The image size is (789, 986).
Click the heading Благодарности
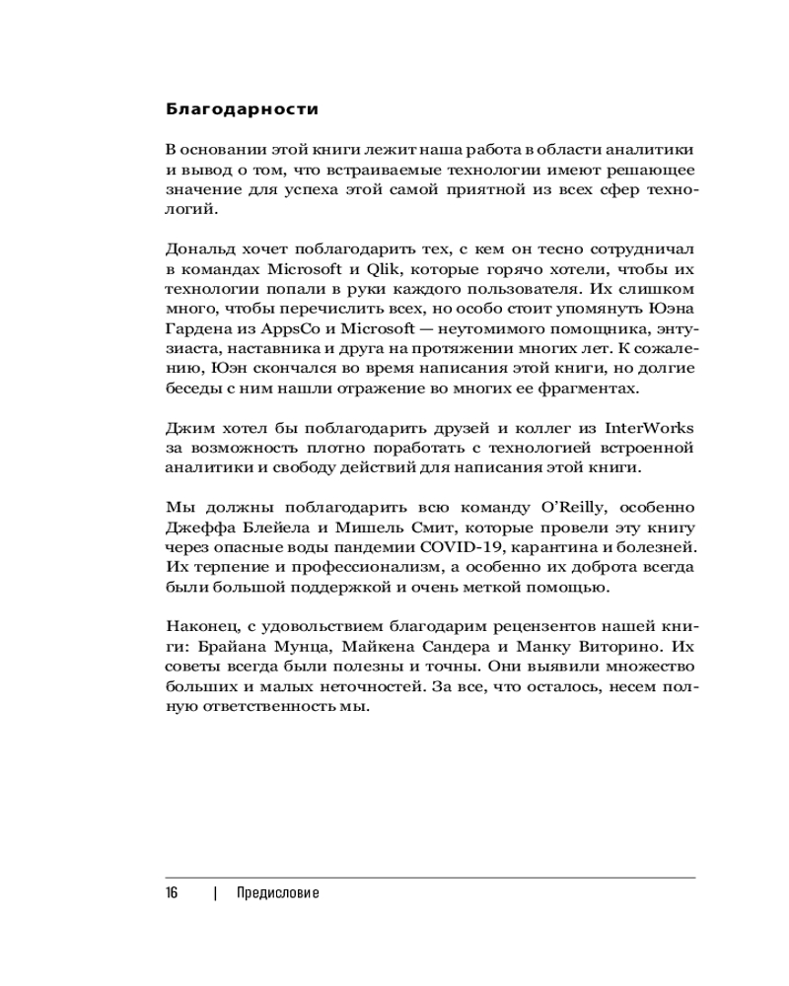point(242,107)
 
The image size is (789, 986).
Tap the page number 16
point(172,893)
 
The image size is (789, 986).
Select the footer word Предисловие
point(278,893)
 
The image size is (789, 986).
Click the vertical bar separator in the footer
point(215,893)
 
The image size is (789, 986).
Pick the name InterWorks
point(649,427)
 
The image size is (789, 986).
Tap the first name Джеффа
point(193,528)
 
